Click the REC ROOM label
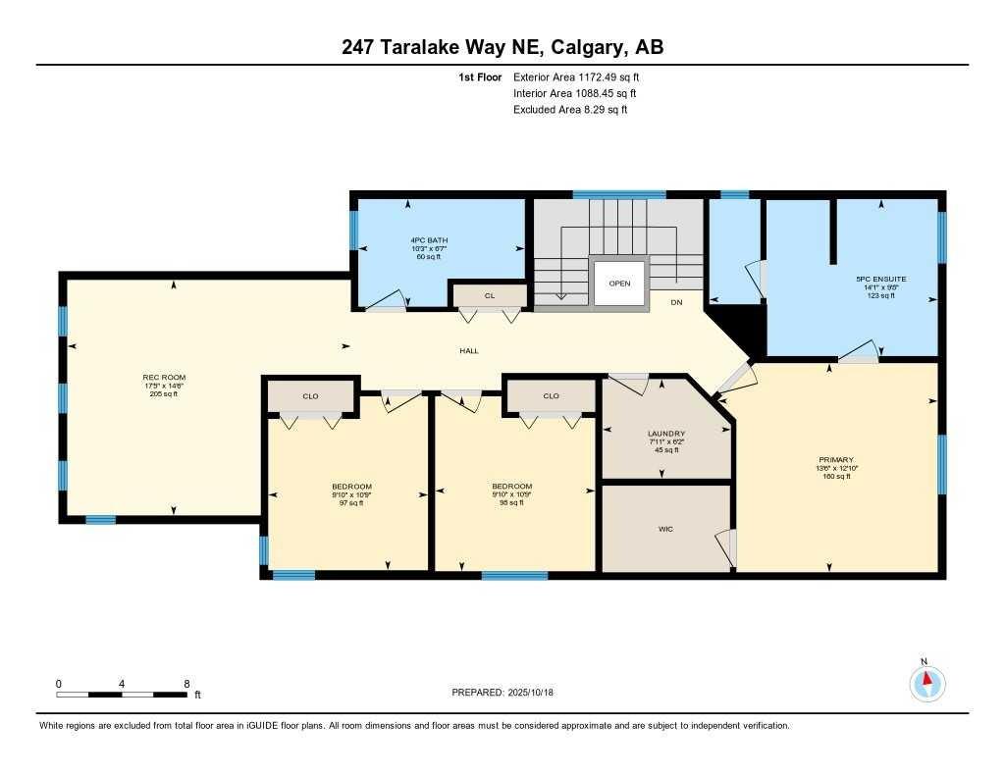tap(164, 378)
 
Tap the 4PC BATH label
tap(430, 240)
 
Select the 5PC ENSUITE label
tap(880, 279)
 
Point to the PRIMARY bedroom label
tap(836, 459)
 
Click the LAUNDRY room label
tap(665, 434)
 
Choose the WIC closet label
tap(665, 530)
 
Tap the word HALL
tap(469, 351)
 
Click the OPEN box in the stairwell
tap(619, 284)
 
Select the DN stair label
tap(676, 302)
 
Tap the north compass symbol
tap(926, 681)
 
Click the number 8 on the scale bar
tap(186, 683)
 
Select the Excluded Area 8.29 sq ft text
tap(569, 110)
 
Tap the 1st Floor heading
tap(481, 77)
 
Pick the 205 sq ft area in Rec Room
tap(164, 393)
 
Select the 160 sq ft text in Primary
tap(836, 476)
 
